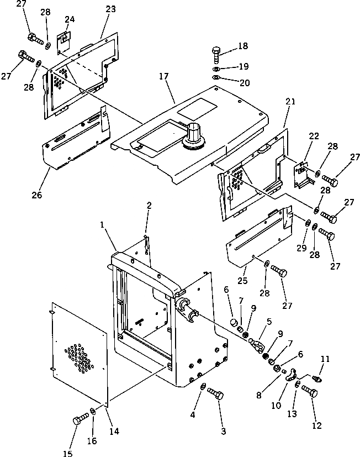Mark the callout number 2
149,206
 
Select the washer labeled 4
203,386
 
